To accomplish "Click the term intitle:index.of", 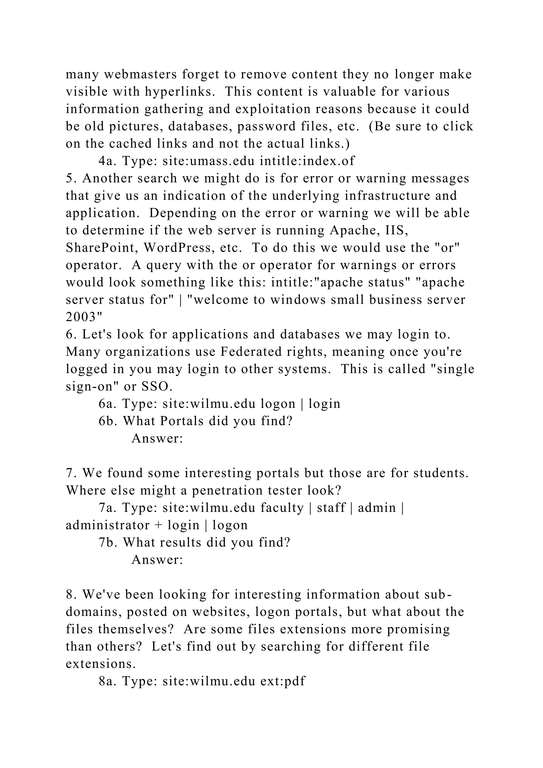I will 307,161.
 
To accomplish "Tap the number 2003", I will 84,316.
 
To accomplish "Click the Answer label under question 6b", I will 157,439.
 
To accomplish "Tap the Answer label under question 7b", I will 157,560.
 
